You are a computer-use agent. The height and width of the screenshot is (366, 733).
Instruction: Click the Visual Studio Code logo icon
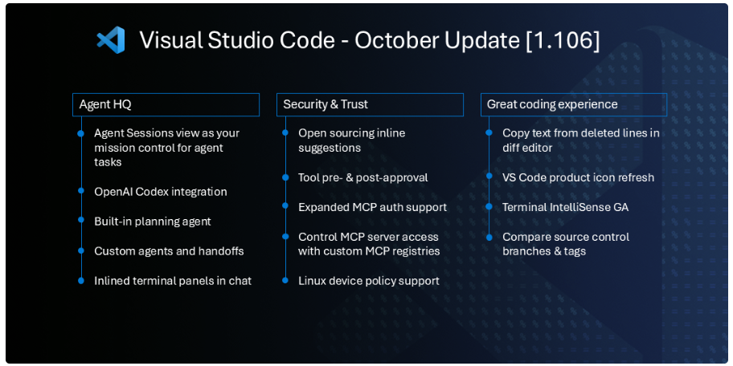pos(111,40)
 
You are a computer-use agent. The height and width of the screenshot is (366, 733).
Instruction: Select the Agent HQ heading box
pos(166,104)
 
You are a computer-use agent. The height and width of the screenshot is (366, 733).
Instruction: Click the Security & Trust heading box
pos(371,104)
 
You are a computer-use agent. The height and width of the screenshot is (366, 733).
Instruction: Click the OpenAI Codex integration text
pos(160,192)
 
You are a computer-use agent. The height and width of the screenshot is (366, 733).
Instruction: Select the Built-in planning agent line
pos(152,222)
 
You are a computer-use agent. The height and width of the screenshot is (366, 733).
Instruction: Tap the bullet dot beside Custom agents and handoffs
pos(81,251)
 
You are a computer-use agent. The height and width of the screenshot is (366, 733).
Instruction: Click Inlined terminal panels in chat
pos(172,281)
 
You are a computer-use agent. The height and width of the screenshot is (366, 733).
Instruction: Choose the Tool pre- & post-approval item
pos(362,177)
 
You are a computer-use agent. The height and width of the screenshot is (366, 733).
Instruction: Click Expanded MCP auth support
pos(372,207)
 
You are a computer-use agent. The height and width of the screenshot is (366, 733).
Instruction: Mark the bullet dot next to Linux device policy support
pos(285,281)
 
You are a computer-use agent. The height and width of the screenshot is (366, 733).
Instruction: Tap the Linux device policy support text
pos(368,281)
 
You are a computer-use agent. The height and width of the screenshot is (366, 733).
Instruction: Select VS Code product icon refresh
pos(578,177)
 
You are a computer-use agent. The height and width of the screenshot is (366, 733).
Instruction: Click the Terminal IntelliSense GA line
pos(565,207)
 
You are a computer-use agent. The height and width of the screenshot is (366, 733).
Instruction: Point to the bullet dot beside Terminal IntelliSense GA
pos(489,207)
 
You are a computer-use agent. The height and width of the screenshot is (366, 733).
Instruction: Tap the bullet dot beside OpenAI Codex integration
pos(81,192)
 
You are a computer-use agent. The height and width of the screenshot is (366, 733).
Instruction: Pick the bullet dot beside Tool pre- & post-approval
pos(285,177)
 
